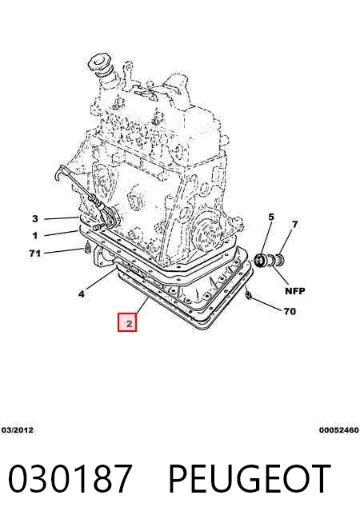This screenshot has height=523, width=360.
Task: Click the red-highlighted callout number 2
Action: click(x=129, y=323)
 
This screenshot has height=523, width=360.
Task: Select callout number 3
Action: click(x=35, y=219)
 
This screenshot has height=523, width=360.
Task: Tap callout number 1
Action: click(x=35, y=236)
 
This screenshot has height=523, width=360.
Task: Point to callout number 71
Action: click(x=35, y=254)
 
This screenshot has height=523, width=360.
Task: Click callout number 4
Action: click(x=82, y=293)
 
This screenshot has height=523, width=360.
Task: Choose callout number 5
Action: click(x=271, y=218)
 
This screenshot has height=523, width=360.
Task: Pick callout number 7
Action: click(x=294, y=225)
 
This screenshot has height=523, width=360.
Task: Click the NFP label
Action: click(x=295, y=291)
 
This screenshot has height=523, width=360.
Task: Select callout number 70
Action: click(x=290, y=311)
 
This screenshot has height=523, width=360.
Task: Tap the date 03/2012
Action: click(x=18, y=430)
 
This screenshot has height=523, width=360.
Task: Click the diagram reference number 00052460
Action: click(x=338, y=430)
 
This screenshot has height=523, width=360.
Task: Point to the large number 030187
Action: click(x=70, y=478)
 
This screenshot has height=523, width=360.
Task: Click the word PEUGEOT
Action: click(x=250, y=478)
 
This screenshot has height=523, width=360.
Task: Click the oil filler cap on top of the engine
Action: click(x=100, y=62)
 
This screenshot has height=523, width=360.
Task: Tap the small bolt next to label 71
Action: click(x=88, y=248)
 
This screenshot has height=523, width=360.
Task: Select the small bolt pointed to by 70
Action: click(x=248, y=294)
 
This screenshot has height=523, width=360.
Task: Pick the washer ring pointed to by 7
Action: click(x=279, y=259)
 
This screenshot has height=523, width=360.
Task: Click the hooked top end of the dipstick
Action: click(x=60, y=172)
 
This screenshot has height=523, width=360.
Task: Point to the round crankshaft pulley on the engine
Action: click(x=206, y=230)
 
